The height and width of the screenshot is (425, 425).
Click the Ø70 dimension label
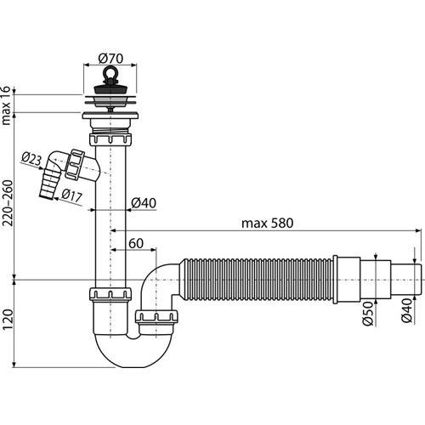pyautogui.click(x=110, y=59)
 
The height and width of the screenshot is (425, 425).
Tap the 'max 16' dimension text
pyautogui.click(x=6, y=105)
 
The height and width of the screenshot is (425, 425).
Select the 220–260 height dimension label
pyautogui.click(x=8, y=203)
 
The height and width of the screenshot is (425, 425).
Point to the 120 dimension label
pyautogui.click(x=8, y=320)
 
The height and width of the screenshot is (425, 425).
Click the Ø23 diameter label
pyautogui.click(x=31, y=160)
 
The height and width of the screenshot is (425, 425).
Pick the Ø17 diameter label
pyautogui.click(x=72, y=195)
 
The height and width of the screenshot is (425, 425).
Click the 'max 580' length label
pyautogui.click(x=267, y=224)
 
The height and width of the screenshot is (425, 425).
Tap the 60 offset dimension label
pyautogui.click(x=136, y=243)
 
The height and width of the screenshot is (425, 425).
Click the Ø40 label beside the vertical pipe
pyautogui.click(x=144, y=203)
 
